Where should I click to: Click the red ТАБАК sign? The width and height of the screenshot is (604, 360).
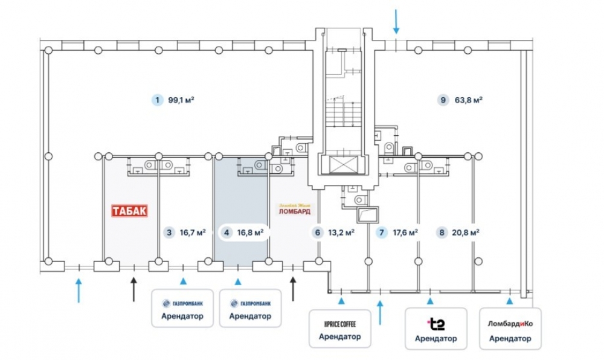pyautogui.click(x=129, y=211)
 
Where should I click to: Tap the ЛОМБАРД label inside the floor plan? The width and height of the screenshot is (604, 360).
pyautogui.click(x=294, y=211)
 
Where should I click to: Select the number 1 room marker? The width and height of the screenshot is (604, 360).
pyautogui.click(x=157, y=100)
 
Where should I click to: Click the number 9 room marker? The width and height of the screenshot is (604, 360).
pyautogui.click(x=444, y=100)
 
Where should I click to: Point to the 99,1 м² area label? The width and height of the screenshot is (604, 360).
pyautogui.click(x=181, y=100)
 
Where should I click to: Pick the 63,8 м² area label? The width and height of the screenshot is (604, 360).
pyautogui.click(x=468, y=100)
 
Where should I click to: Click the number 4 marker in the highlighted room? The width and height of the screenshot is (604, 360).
pyautogui.click(x=226, y=232)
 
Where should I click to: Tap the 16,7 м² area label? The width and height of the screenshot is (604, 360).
pyautogui.click(x=193, y=232)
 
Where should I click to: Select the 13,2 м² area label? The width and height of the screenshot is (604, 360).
pyautogui.click(x=341, y=232)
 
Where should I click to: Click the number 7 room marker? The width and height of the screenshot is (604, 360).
pyautogui.click(x=381, y=232)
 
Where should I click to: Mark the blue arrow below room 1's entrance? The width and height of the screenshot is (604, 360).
pyautogui.click(x=78, y=289)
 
